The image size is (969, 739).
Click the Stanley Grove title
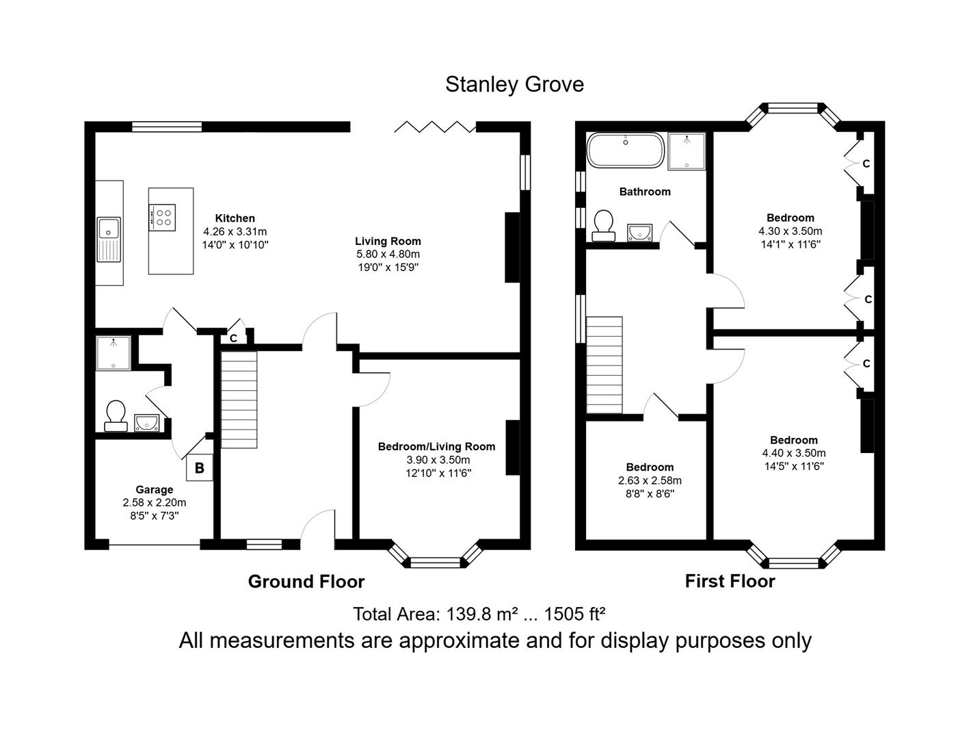point(514,84)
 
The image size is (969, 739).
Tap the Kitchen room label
point(235,218)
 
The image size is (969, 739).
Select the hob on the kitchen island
point(162,218)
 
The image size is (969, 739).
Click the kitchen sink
point(109,239)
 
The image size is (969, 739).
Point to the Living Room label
point(388,241)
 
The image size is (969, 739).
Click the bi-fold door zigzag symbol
point(435,127)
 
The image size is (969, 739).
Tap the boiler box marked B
point(200,468)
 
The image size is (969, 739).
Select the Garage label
point(154,489)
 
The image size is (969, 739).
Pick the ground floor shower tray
point(113,353)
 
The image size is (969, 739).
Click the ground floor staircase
point(239,400)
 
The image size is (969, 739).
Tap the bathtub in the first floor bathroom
point(625,151)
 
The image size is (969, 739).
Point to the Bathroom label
point(645,192)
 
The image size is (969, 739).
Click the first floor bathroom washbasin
point(639,233)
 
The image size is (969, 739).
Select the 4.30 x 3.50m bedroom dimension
point(790,231)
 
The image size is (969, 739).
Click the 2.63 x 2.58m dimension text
point(649,480)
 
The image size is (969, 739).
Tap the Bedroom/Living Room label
point(436,447)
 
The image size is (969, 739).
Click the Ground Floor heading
point(306,582)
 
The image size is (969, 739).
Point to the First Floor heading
point(730,581)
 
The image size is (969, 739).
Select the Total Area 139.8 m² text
point(479,614)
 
